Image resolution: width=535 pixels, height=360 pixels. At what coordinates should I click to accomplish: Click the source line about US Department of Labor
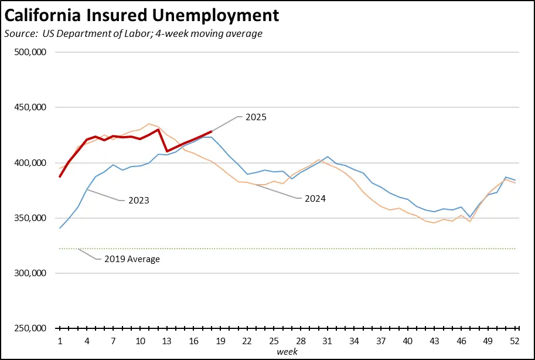(x=133, y=33)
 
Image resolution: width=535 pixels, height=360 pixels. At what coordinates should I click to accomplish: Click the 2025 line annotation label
(x=255, y=117)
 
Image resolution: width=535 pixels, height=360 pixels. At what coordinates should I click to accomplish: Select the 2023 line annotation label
(x=138, y=201)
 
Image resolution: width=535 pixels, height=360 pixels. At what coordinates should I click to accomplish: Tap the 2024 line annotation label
(x=315, y=199)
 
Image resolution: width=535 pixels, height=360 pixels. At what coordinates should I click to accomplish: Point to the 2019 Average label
(x=132, y=259)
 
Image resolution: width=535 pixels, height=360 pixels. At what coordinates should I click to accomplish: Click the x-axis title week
(x=287, y=351)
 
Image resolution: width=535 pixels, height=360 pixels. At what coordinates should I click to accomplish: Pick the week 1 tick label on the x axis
(x=60, y=341)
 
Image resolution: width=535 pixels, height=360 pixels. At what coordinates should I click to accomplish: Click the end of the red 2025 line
(x=212, y=131)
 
